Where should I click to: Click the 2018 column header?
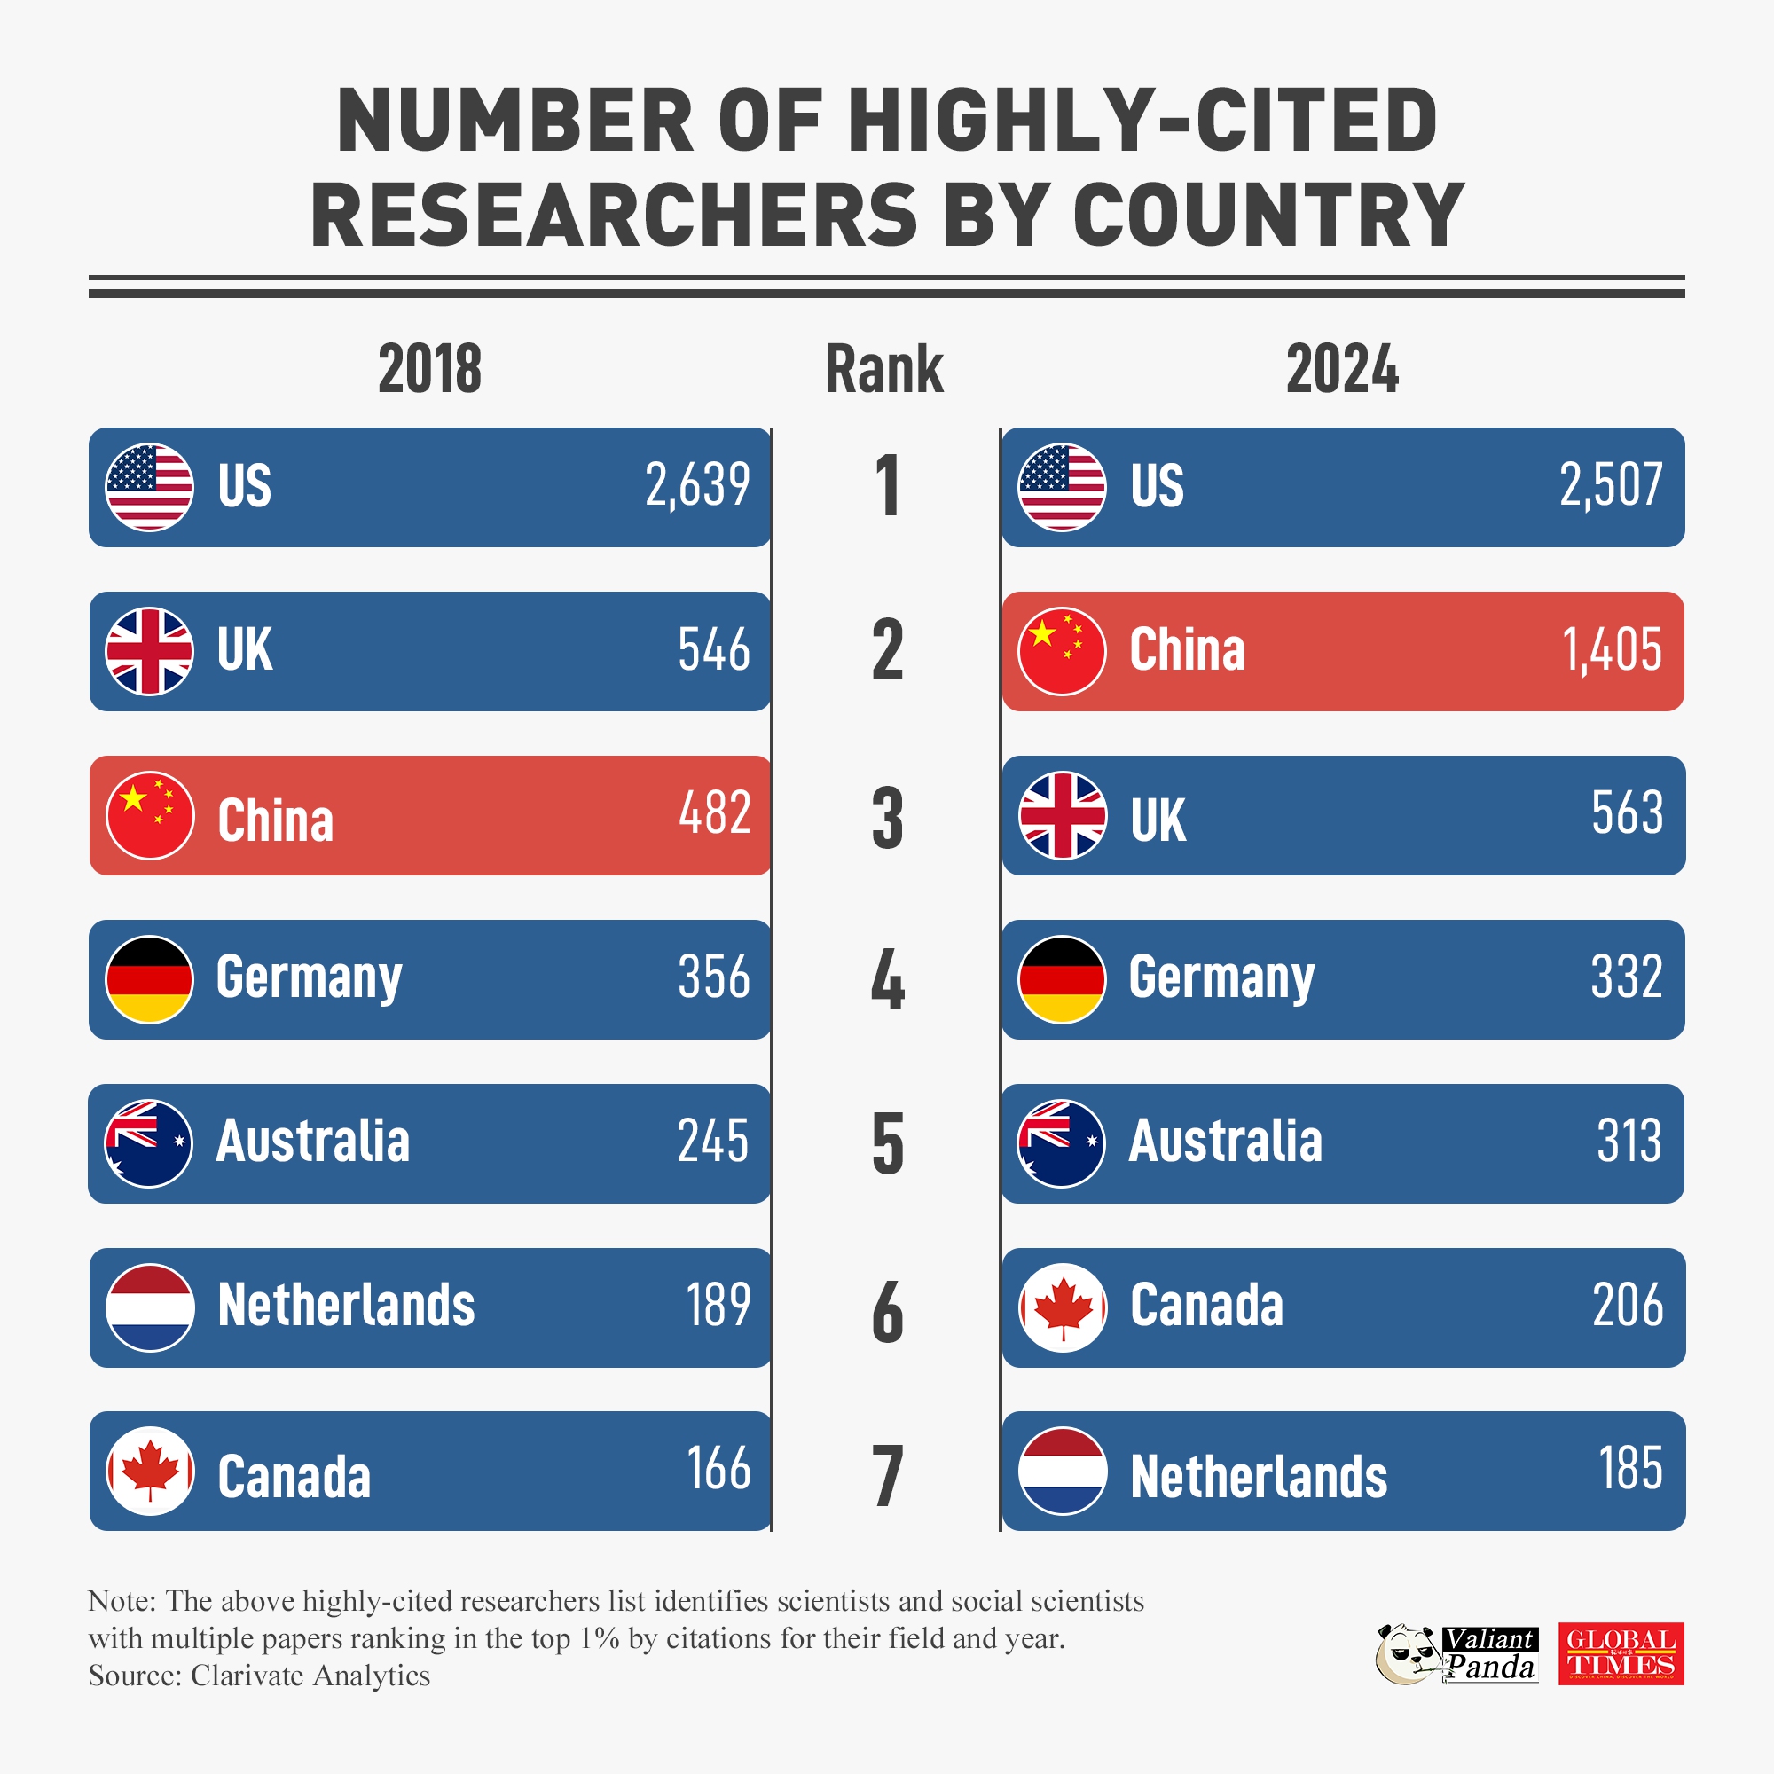pyautogui.click(x=429, y=369)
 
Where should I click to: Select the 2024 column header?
pyautogui.click(x=1341, y=369)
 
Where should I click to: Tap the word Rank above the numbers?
pyautogui.click(x=884, y=369)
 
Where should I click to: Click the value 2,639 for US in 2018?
pyautogui.click(x=698, y=486)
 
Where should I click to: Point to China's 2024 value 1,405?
pyautogui.click(x=1612, y=650)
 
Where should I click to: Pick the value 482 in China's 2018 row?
pyautogui.click(x=714, y=812)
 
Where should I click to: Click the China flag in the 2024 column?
pyautogui.click(x=1063, y=651)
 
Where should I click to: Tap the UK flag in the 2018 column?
pyautogui.click(x=150, y=651)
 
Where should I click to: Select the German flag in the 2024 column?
pyautogui.click(x=1063, y=980)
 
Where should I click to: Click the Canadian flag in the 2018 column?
pyautogui.click(x=150, y=1471)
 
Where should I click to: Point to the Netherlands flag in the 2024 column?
pyautogui.click(x=1063, y=1471)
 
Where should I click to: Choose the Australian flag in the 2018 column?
pyautogui.click(x=150, y=1143)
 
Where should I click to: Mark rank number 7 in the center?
pyautogui.click(x=887, y=1476)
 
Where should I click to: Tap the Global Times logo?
pyautogui.click(x=1621, y=1653)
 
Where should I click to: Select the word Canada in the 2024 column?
pyautogui.click(x=1205, y=1306)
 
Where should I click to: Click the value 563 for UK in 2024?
pyautogui.click(x=1627, y=812)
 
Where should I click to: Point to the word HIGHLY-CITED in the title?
pyautogui.click(x=1142, y=122)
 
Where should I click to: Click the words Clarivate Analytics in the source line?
pyautogui.click(x=310, y=1676)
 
